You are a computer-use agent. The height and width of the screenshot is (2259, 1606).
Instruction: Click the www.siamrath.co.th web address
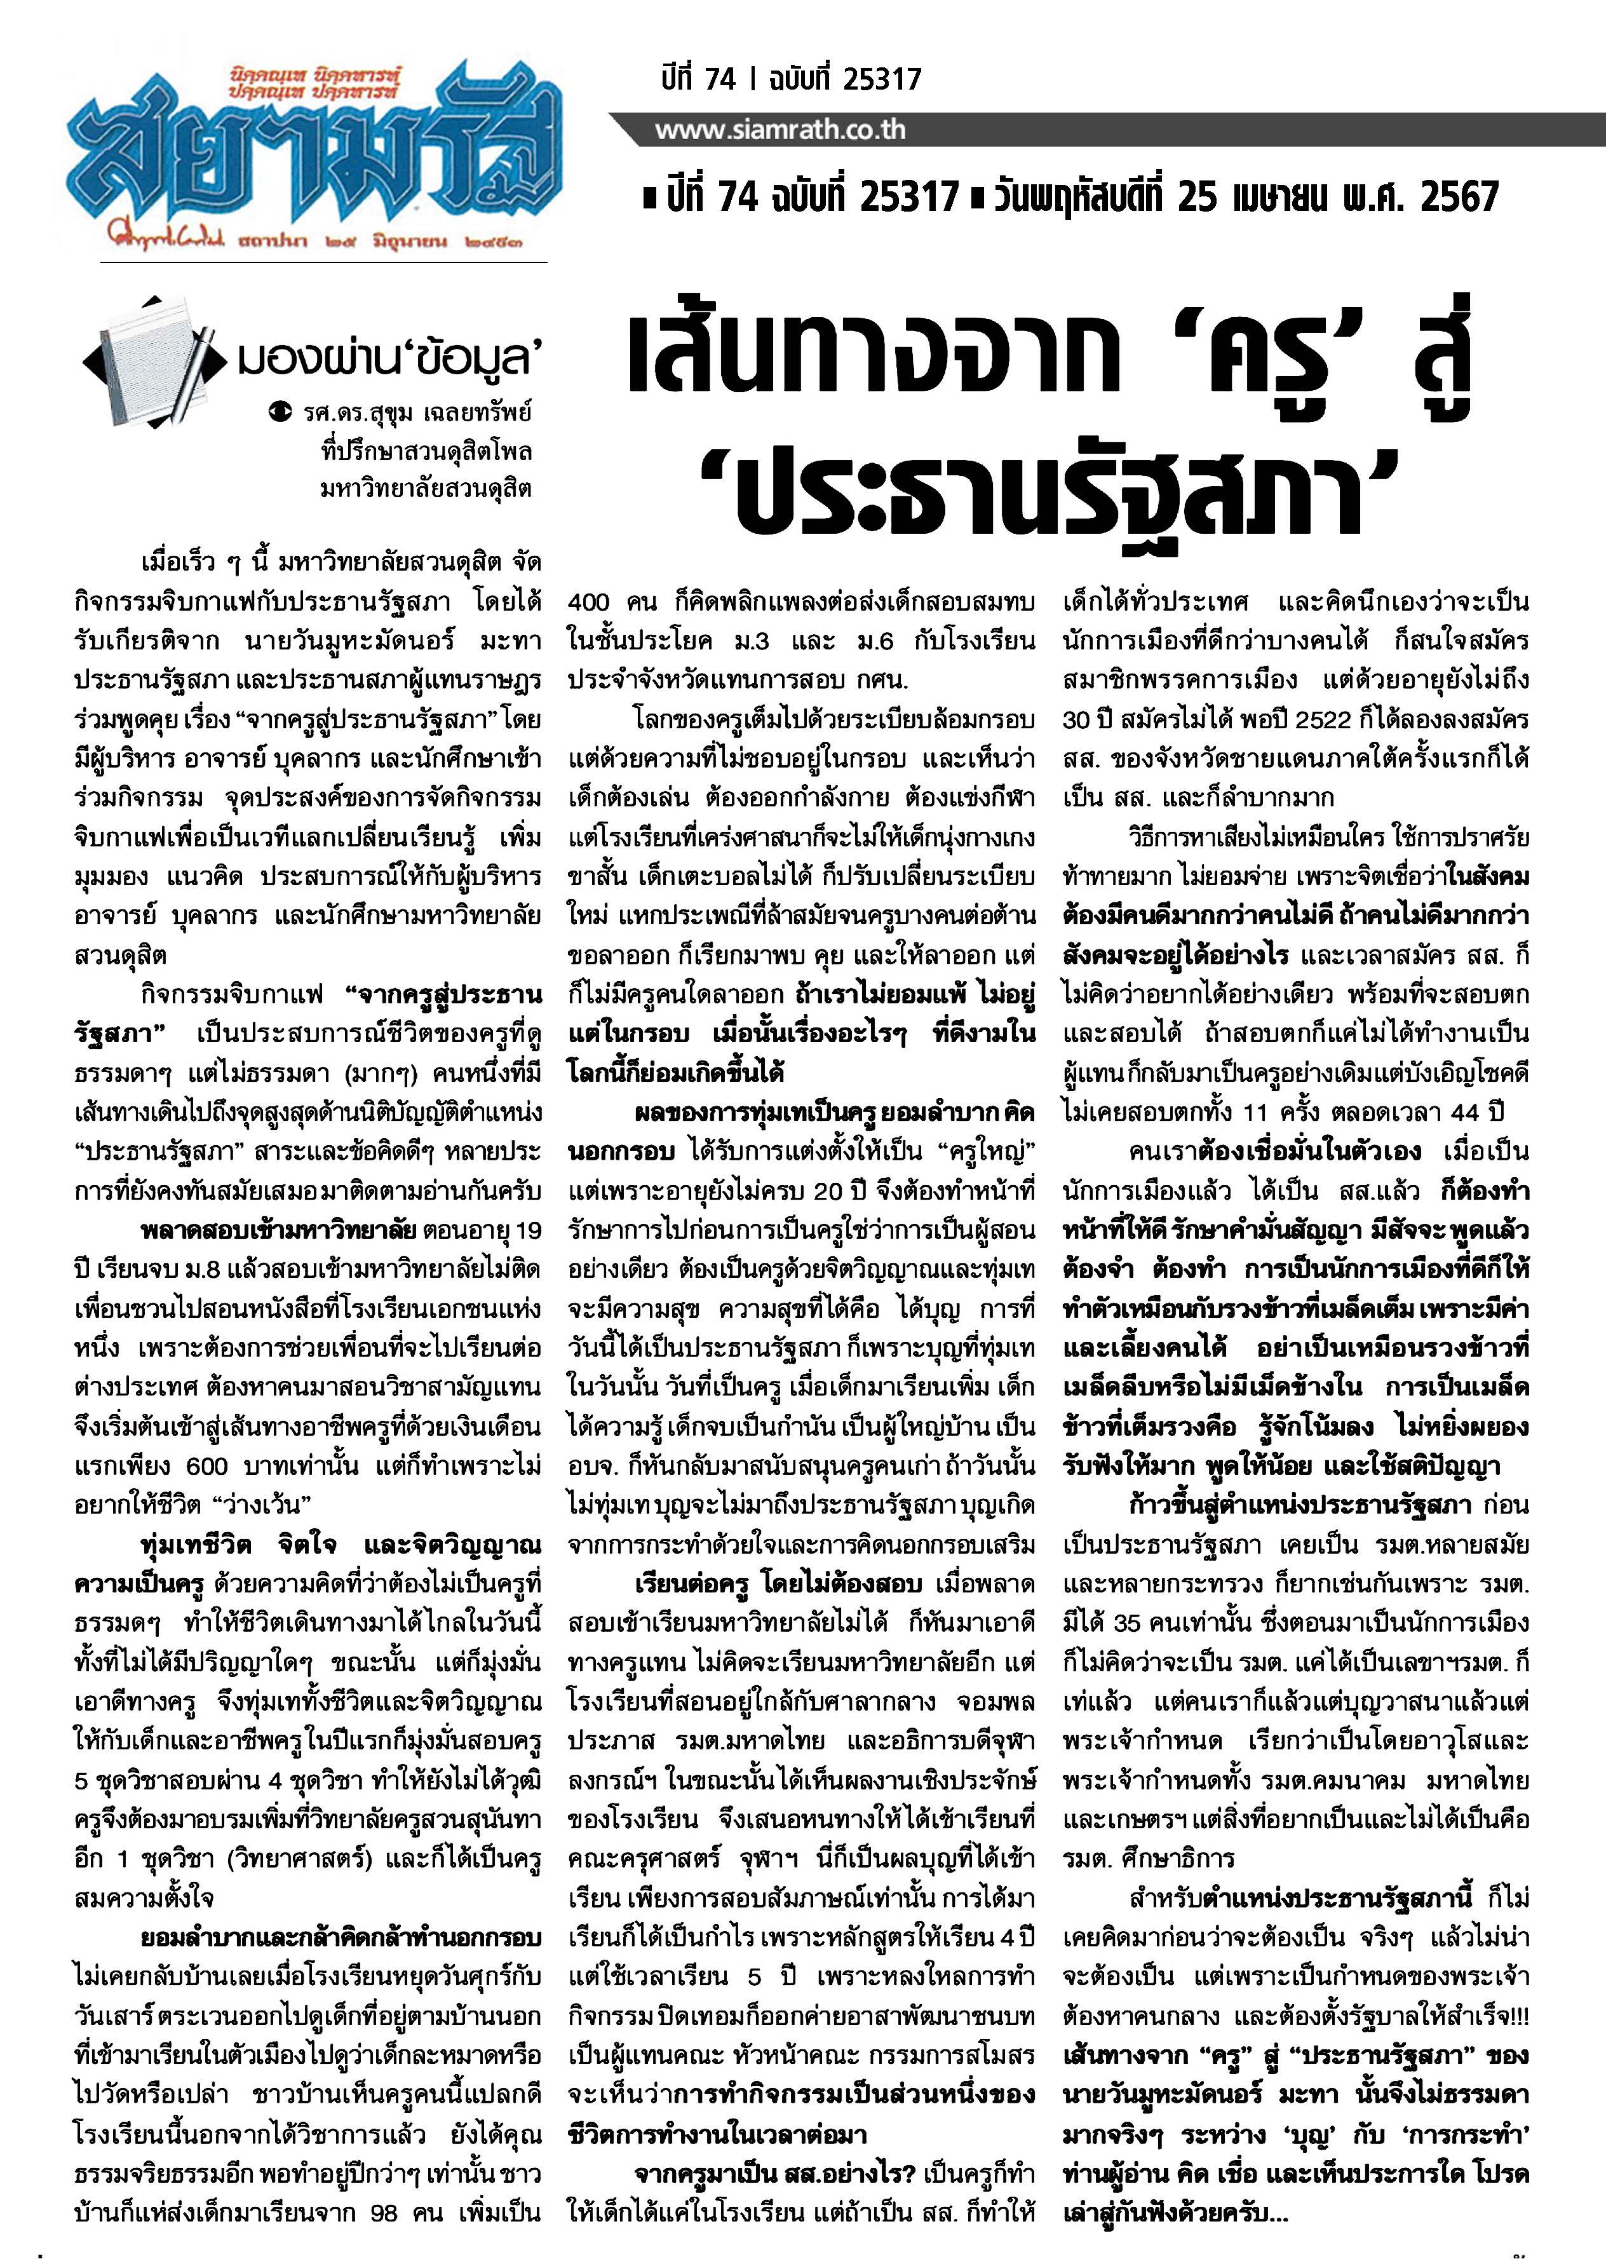coord(780,130)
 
